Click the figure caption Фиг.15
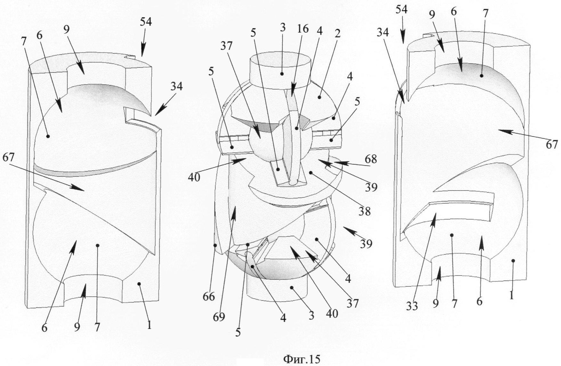point(301,359)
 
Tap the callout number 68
point(370,159)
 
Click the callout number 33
point(412,306)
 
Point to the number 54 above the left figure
point(146,22)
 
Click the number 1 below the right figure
point(511,296)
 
